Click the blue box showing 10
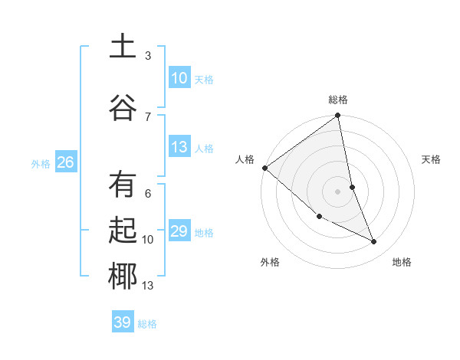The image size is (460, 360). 179,77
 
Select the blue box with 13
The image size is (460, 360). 179,147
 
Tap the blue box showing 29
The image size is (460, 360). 179,231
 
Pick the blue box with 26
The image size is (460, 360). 66,162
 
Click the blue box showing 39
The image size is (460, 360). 123,322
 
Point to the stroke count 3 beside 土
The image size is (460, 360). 148,56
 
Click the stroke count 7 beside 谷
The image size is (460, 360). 148,116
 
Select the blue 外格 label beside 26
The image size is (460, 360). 41,162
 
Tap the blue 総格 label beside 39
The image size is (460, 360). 147,323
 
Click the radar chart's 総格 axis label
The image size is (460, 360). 338,100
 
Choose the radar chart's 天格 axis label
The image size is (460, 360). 431,159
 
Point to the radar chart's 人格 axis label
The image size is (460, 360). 245,159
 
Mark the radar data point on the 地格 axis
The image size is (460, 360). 374,241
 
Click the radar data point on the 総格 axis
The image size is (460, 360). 338,116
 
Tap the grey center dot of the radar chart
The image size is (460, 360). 338,191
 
